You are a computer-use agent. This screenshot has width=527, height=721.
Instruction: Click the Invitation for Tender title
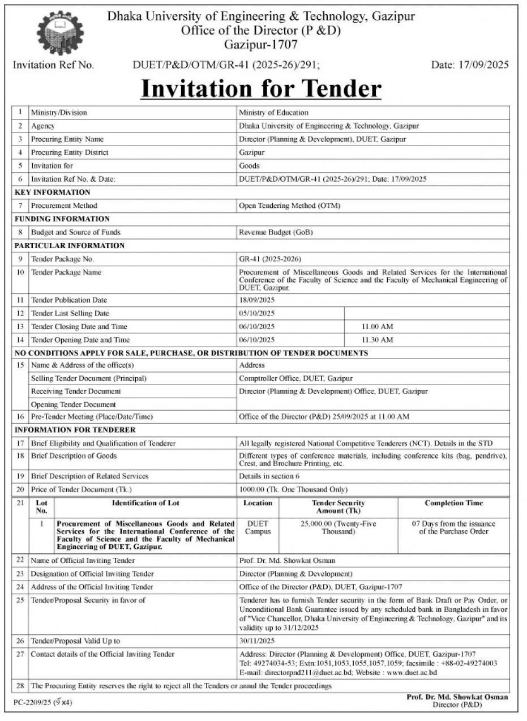tap(261, 89)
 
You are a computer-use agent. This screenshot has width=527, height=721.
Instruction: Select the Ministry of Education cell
tap(273, 113)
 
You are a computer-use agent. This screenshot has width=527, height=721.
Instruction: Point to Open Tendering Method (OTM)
tap(289, 206)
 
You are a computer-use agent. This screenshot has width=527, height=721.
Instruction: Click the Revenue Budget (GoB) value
tap(276, 232)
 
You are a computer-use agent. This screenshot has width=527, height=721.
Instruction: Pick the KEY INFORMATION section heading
tap(53, 192)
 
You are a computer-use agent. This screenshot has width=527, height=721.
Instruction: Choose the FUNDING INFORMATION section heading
tap(62, 219)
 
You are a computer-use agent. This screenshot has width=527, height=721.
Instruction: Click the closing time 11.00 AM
tap(377, 327)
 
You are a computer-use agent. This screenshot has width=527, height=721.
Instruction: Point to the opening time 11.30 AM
tap(377, 340)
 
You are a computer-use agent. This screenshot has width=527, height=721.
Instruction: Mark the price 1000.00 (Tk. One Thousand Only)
tap(293, 489)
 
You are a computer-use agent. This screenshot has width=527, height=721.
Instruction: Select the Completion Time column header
tap(454, 503)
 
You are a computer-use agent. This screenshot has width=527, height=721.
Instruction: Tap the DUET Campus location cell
tap(258, 528)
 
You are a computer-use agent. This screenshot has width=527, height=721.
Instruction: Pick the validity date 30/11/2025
tap(256, 641)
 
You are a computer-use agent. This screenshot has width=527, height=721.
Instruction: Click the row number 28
tap(20, 686)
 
